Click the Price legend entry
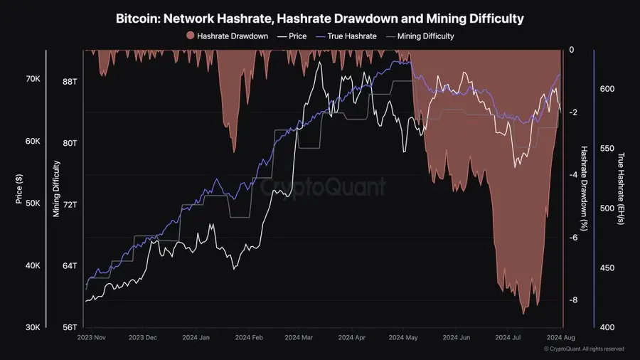[x=293, y=36]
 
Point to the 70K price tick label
[x=33, y=79]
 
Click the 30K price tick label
[x=33, y=327]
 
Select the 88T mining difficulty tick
[x=70, y=82]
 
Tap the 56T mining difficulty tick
[x=70, y=327]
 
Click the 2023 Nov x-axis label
[x=91, y=339]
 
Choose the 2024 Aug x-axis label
[x=560, y=339]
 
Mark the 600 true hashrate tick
[x=607, y=89]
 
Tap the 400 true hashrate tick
[x=607, y=327]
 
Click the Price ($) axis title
[x=18, y=189]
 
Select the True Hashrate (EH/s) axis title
[x=620, y=189]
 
